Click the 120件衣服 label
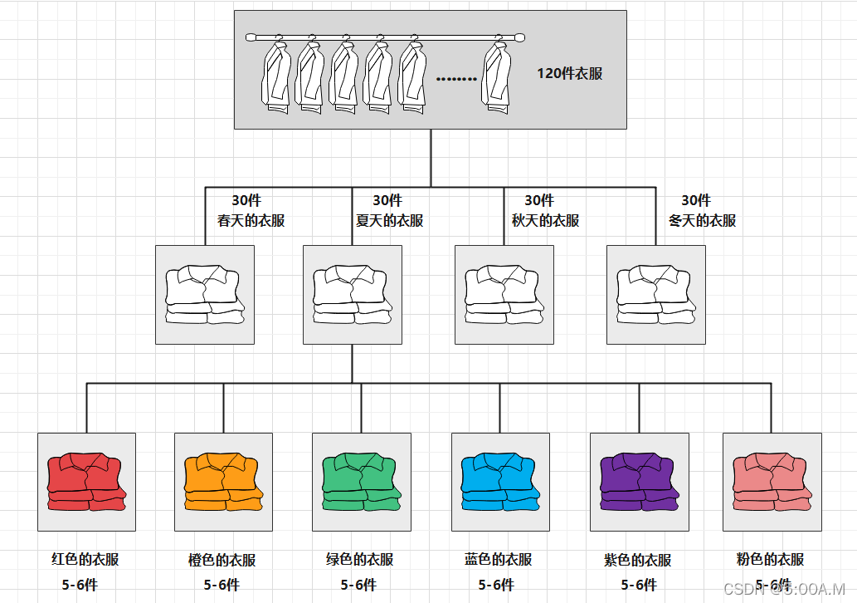pyautogui.click(x=569, y=73)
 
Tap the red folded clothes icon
pyautogui.click(x=86, y=482)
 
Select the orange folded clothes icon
pyautogui.click(x=223, y=482)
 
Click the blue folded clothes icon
pyautogui.click(x=500, y=482)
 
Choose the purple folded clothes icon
pyautogui.click(x=639, y=482)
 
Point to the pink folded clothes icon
pyautogui.click(x=772, y=482)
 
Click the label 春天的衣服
pyautogui.click(x=251, y=221)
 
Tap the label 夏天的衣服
pyautogui.click(x=389, y=221)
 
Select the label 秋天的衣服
pyautogui.click(x=545, y=221)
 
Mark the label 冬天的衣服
pyautogui.click(x=702, y=221)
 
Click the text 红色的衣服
pyautogui.click(x=85, y=559)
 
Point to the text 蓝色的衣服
pyautogui.click(x=498, y=560)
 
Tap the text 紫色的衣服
pyautogui.click(x=637, y=561)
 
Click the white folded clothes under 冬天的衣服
pyautogui.click(x=655, y=295)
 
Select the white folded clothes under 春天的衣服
pyautogui.click(x=205, y=295)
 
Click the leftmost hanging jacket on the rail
pyautogui.click(x=276, y=76)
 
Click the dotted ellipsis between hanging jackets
pyautogui.click(x=456, y=80)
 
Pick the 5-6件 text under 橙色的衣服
pyautogui.click(x=222, y=585)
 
